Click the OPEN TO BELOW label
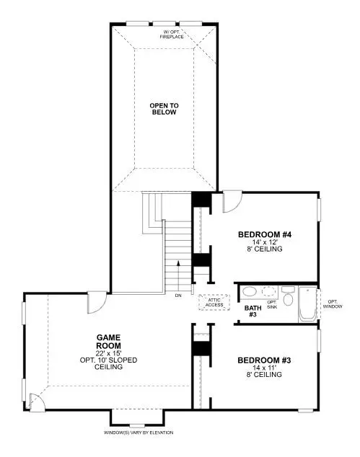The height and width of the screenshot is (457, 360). [164, 109]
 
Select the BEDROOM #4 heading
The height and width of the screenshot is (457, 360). [264, 234]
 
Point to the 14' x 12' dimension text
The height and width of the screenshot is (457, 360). [263, 242]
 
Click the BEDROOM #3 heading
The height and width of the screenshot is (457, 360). [263, 360]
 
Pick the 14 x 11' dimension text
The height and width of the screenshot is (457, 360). [263, 368]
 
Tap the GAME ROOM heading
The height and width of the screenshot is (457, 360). [109, 341]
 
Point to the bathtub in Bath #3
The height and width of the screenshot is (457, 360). [306, 304]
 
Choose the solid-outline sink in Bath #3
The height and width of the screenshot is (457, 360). [250, 292]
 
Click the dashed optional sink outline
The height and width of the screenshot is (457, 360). [269, 292]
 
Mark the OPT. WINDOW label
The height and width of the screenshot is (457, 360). [333, 303]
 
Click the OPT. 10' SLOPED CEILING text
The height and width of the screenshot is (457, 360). [108, 363]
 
